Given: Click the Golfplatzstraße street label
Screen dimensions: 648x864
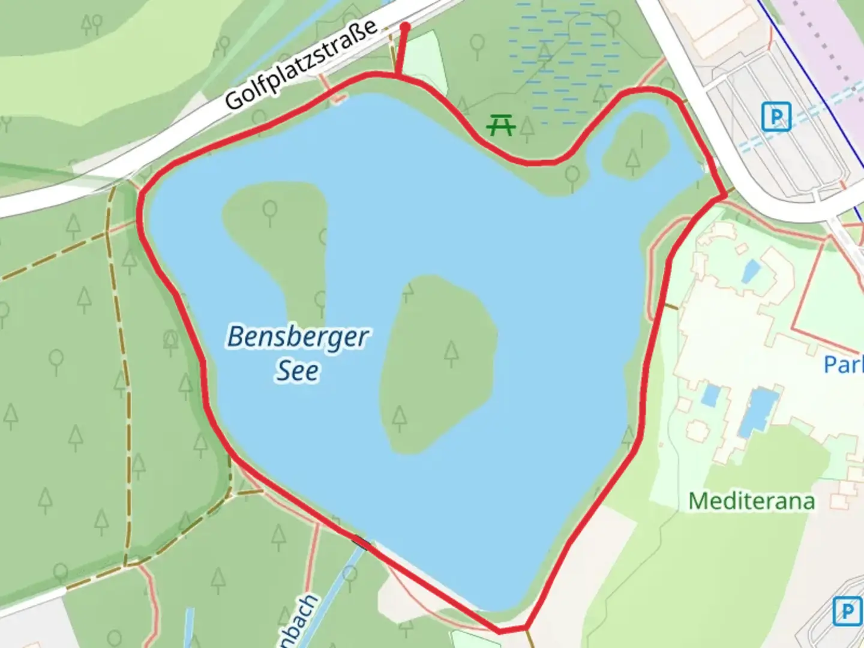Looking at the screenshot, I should coord(301,64).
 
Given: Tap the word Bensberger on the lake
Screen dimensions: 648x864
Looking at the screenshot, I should coord(298,337).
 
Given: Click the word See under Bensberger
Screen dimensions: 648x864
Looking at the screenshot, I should coord(297,371).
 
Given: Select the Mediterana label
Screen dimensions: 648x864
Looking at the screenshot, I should coord(751,501).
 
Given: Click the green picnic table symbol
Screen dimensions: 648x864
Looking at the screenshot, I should coord(501,125).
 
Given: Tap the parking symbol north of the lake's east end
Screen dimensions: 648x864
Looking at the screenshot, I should coord(776,116).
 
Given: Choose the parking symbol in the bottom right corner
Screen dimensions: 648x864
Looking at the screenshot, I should coord(847,611).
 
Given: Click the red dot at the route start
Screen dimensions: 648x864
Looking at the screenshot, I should coord(405,27).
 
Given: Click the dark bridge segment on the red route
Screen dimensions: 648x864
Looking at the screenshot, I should coord(361,542).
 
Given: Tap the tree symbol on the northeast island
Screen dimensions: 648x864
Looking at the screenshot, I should coord(632,160).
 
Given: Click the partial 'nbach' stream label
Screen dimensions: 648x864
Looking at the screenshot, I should coord(298,621).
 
